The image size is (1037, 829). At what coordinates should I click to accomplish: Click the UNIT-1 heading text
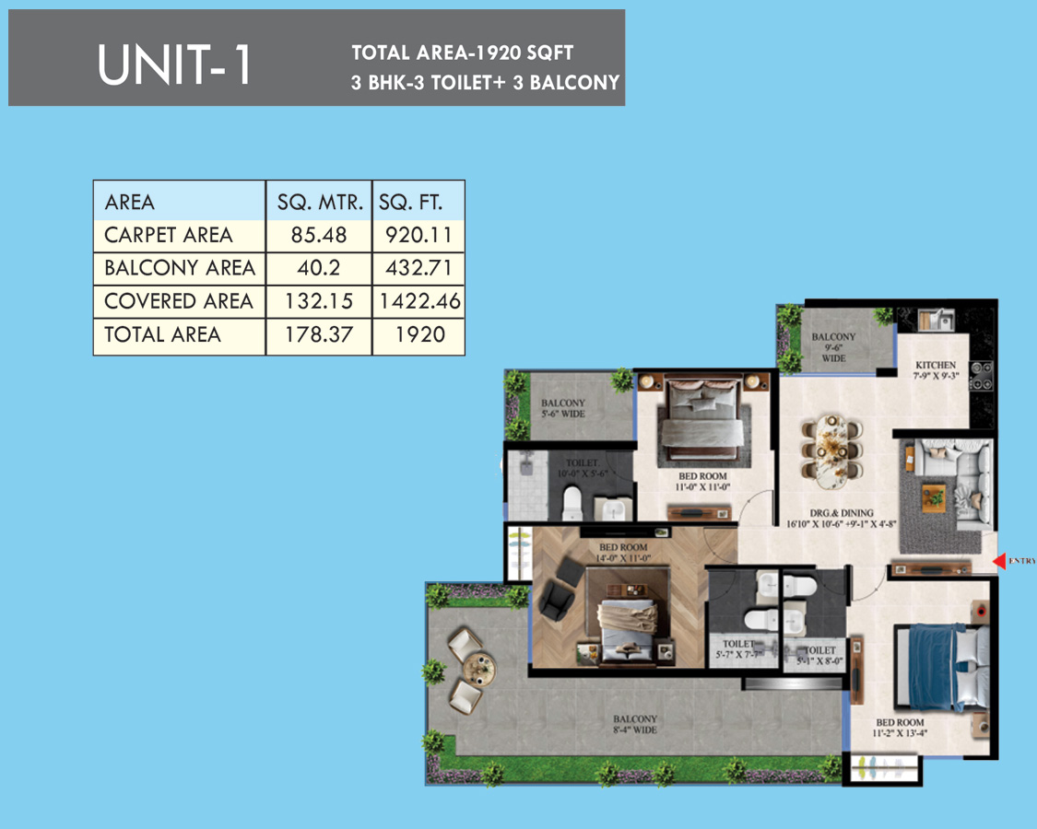174,64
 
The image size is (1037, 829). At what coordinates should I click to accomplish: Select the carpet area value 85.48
319,236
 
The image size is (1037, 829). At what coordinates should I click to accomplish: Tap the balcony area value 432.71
418,268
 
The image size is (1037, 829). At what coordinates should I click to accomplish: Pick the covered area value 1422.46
419,301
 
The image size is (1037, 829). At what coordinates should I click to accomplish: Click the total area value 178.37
319,334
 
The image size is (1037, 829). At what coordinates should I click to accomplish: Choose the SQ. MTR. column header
320,203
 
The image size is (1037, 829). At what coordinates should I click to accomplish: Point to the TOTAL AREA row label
162,334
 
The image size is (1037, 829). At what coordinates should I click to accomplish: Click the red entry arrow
999,561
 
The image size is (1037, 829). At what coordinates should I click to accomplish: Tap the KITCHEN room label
936,365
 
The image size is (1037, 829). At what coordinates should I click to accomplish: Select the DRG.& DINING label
842,513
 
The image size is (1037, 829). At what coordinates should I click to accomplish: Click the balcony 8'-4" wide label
635,725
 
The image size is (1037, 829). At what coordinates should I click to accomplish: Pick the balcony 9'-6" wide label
833,347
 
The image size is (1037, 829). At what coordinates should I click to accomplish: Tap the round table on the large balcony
478,670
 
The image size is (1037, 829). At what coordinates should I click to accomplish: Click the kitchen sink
936,320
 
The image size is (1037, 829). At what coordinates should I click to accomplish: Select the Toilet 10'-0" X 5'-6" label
582,468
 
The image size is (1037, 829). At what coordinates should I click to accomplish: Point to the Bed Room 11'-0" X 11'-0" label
702,481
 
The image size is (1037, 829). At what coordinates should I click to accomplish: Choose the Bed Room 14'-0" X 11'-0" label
623,553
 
